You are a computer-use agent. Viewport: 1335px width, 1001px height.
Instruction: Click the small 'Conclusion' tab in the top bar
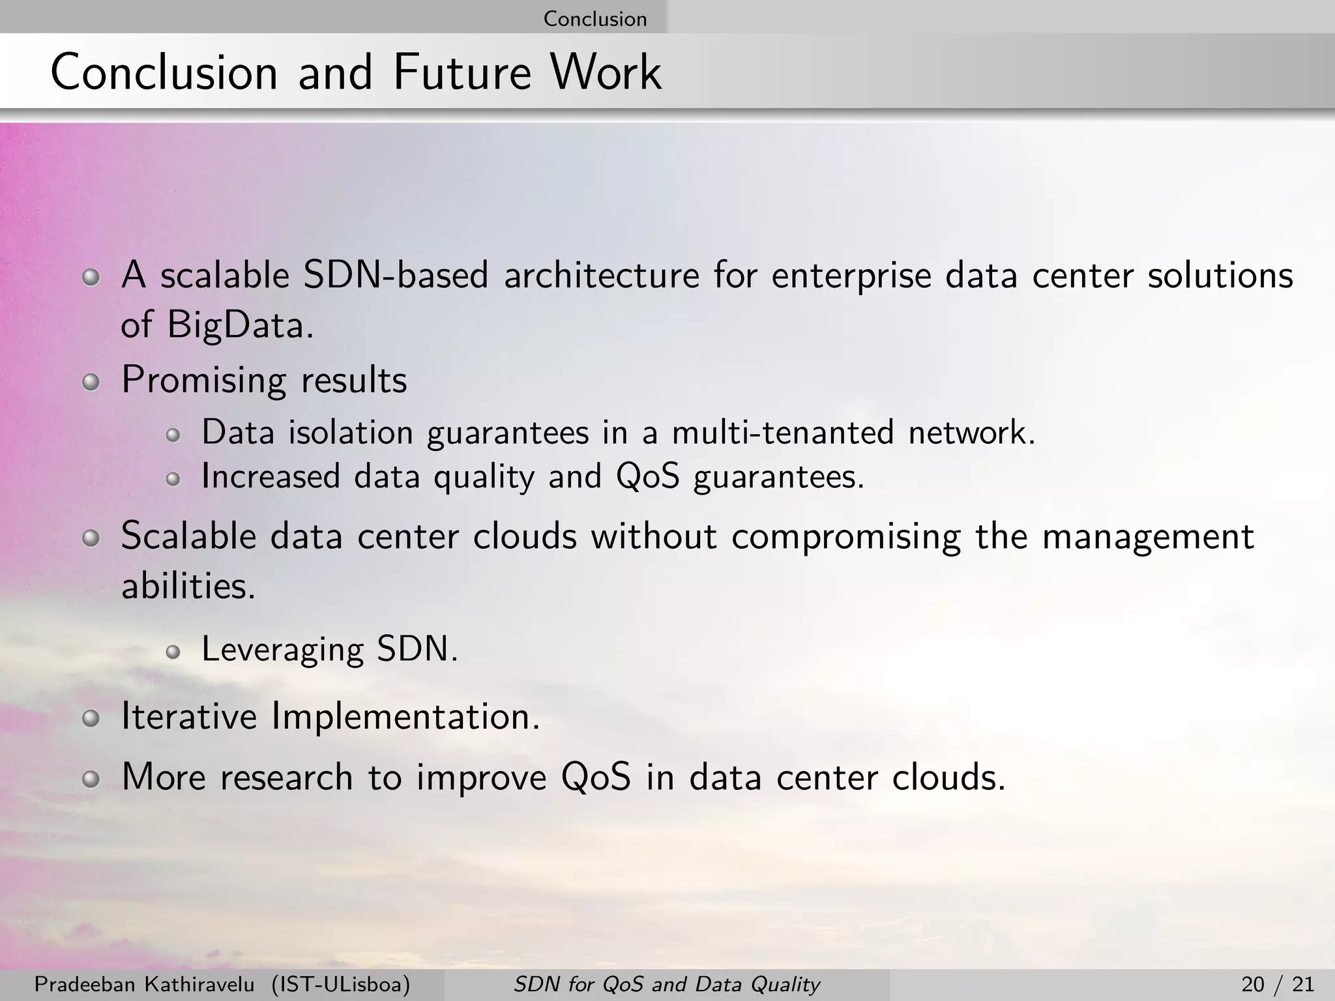(594, 18)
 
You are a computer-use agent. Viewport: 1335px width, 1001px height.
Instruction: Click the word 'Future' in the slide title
(462, 72)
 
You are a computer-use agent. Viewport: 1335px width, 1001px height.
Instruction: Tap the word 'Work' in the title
(606, 72)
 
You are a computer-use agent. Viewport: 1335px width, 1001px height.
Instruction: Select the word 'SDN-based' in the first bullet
(396, 275)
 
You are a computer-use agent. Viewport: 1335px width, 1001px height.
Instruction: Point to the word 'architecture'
(601, 275)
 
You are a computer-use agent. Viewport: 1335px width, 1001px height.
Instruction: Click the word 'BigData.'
(240, 325)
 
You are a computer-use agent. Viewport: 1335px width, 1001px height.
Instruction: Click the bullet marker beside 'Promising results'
(91, 383)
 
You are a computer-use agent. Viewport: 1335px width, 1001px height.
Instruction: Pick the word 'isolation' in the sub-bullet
(351, 433)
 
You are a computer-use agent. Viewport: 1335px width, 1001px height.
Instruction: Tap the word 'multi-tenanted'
(782, 433)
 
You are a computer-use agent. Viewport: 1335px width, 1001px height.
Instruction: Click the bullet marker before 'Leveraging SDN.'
(173, 652)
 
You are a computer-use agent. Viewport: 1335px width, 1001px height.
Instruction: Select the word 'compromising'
(845, 537)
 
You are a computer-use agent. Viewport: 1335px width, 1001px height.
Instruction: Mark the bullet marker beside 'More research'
(91, 780)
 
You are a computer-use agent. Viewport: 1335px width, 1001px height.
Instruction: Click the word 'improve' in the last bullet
(481, 778)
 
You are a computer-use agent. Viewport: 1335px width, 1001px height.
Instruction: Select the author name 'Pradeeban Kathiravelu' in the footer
(144, 984)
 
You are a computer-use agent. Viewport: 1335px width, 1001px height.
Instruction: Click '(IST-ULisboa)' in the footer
(341, 984)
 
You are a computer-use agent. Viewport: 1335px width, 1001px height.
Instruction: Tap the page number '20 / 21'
(1278, 984)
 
